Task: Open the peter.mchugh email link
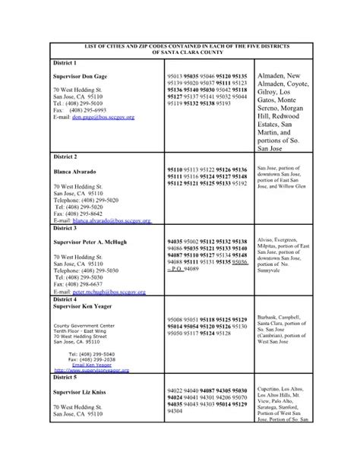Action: tap(112, 291)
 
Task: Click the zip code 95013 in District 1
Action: tap(175, 77)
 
